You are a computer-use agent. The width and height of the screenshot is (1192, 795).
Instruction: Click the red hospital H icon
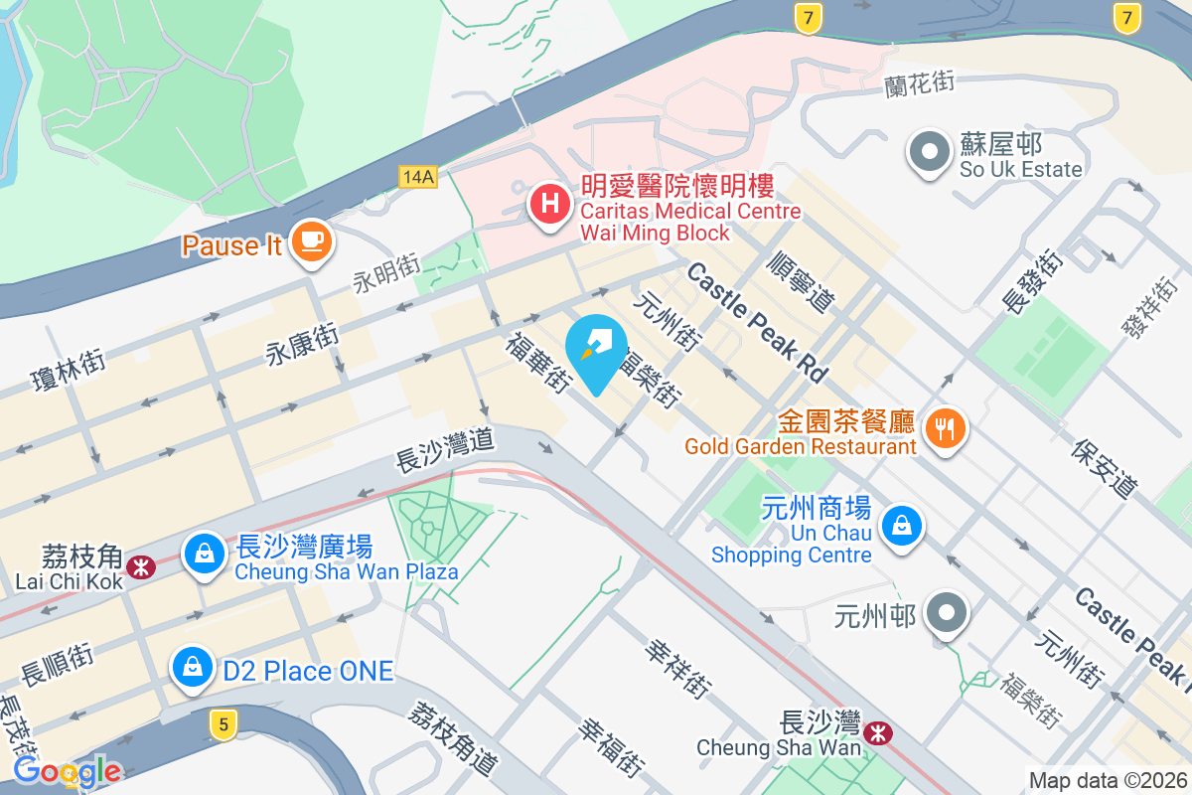pyautogui.click(x=548, y=205)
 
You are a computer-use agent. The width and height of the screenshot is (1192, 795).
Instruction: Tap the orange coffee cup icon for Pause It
pyautogui.click(x=312, y=240)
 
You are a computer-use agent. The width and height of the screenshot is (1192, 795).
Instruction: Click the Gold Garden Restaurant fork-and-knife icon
pyautogui.click(x=941, y=428)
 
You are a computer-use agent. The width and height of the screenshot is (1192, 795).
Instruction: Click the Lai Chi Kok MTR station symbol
pyautogui.click(x=142, y=566)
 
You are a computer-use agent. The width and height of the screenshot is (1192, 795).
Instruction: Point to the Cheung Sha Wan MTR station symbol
pyautogui.click(x=877, y=733)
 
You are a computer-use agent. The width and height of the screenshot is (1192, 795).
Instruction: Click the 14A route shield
pyautogui.click(x=418, y=176)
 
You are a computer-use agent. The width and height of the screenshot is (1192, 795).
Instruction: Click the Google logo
pyautogui.click(x=67, y=770)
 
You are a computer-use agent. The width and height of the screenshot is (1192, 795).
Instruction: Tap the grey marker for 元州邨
pyautogui.click(x=948, y=611)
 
